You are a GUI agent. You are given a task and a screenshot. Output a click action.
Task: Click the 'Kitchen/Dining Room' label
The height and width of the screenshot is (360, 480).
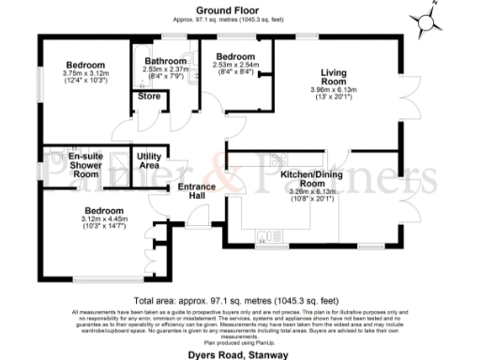309,179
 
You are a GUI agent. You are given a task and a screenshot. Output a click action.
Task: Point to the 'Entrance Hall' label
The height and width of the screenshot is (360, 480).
198,190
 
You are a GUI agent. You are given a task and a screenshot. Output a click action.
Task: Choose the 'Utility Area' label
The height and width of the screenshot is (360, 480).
149,160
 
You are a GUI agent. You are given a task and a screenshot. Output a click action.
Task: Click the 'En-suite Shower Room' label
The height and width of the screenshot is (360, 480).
73,165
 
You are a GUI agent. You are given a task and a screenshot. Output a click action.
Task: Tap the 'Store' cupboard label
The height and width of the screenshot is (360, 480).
148,96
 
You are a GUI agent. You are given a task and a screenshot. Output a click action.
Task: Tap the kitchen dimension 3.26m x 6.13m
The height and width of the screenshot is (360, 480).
309,191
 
